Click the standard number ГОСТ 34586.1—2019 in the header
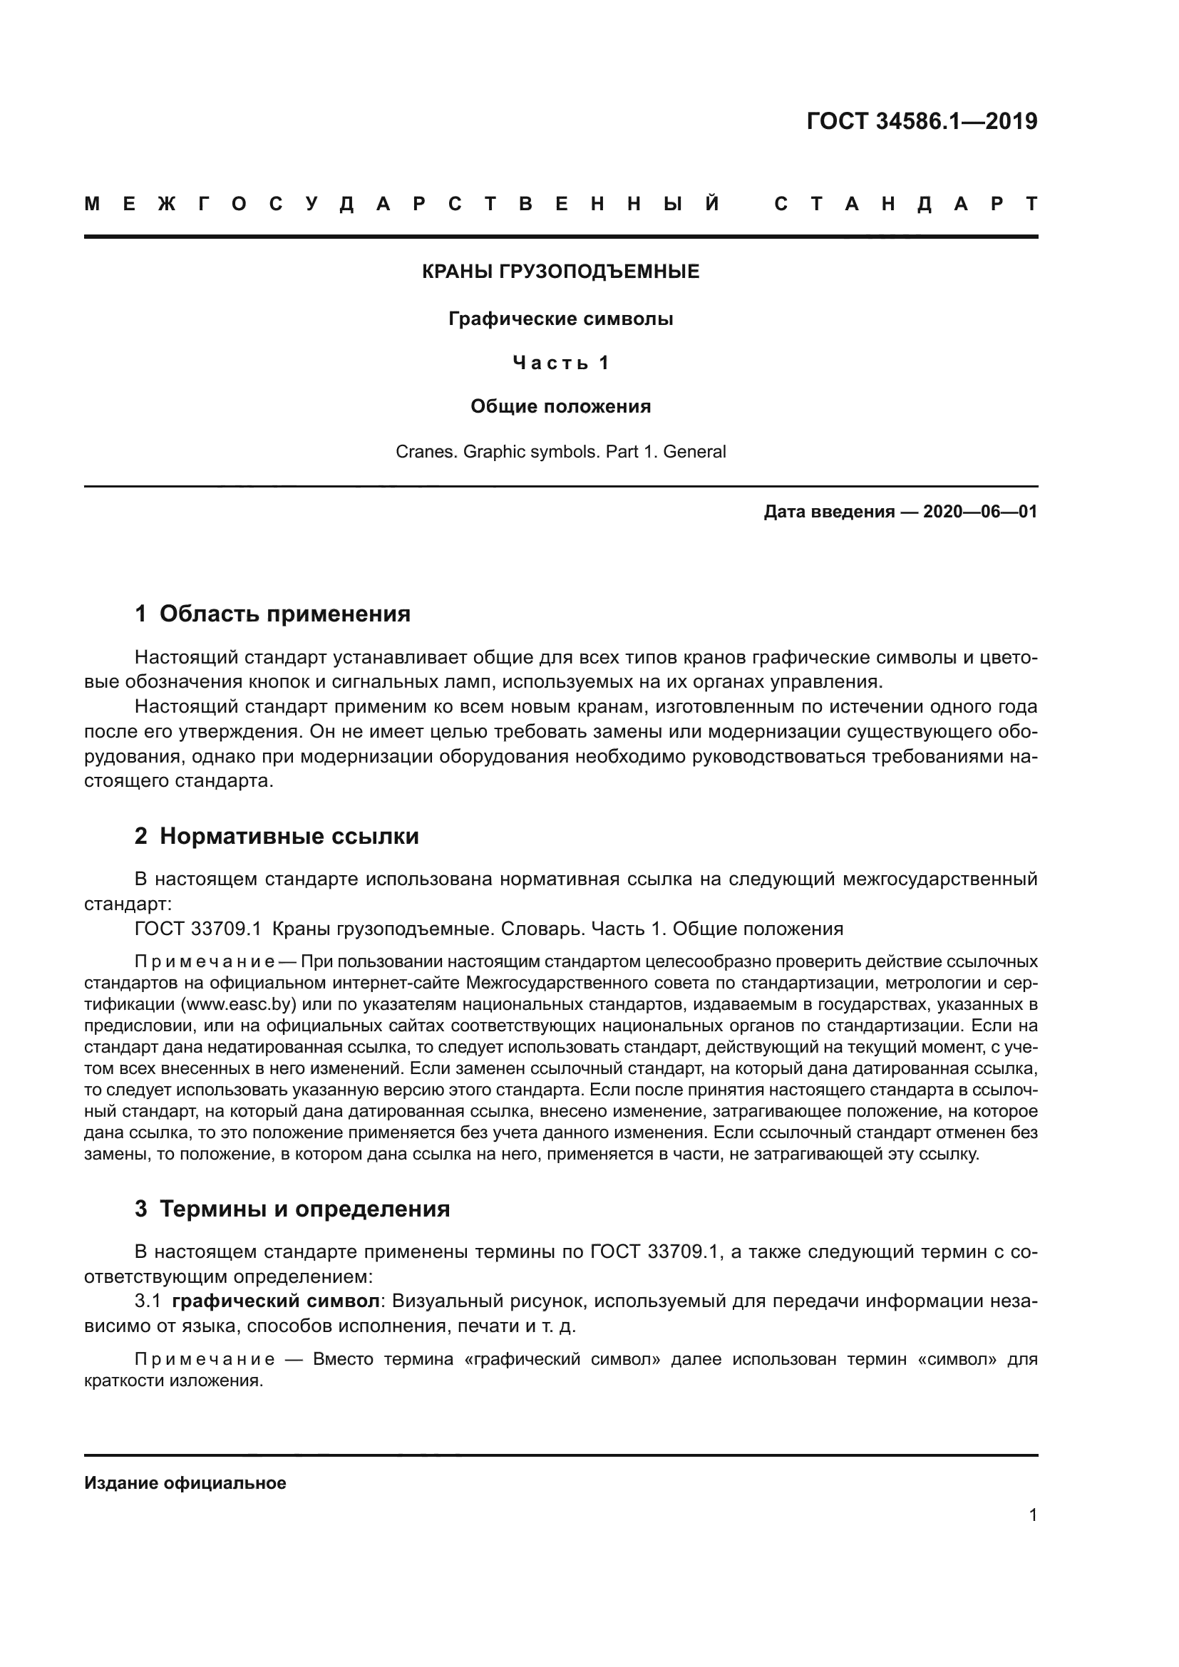921,121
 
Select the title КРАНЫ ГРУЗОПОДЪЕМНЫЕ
560,272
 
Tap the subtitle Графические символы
560,319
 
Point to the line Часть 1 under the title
560,362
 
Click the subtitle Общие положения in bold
560,406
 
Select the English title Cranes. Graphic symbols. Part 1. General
560,452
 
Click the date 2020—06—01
979,512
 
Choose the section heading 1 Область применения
272,614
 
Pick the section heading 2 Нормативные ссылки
277,837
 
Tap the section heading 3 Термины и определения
292,1209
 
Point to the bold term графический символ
276,1301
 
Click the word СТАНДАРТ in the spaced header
906,204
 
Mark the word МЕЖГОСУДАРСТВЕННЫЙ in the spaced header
402,204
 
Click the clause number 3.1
148,1301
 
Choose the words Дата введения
828,512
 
